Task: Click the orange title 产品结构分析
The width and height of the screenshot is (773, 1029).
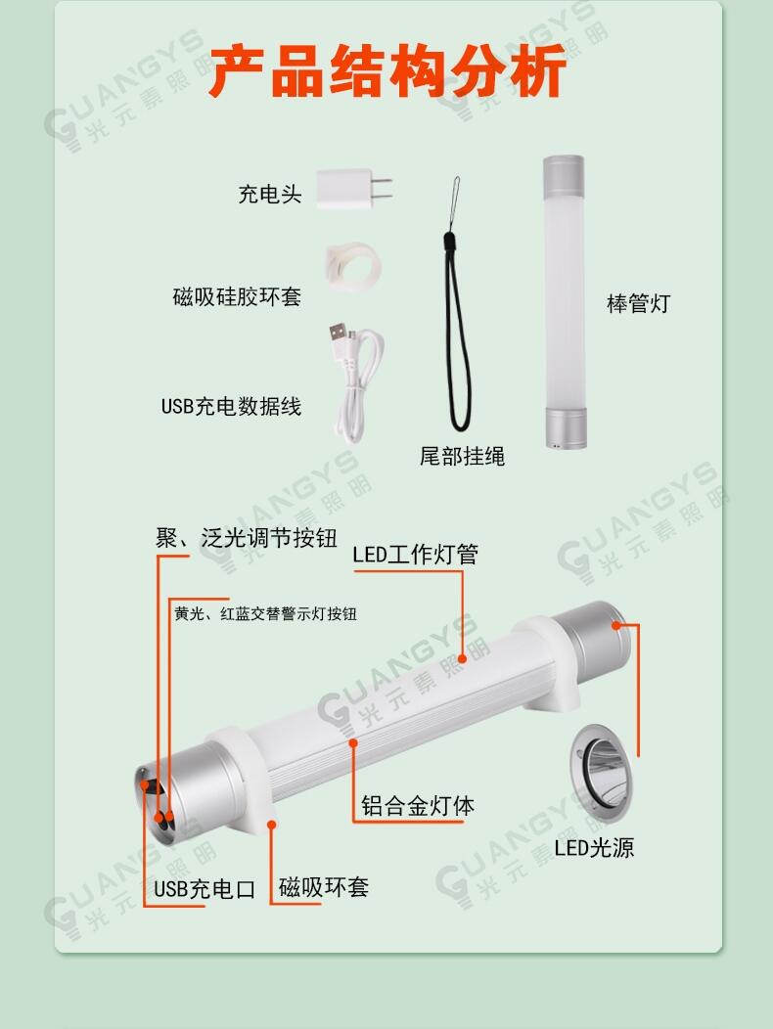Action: pos(387,70)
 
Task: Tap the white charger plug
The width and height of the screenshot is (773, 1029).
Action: pos(353,189)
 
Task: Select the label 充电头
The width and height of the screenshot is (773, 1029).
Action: pos(269,195)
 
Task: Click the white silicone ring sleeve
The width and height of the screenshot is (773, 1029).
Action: pos(354,266)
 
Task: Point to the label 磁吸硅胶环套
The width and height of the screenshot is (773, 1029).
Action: pos(237,296)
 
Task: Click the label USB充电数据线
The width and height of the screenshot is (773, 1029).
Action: pos(231,406)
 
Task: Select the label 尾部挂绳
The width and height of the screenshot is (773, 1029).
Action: pos(463,456)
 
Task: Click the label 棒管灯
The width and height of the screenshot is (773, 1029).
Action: pos(638,303)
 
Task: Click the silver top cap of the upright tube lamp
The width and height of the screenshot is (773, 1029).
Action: pos(564,172)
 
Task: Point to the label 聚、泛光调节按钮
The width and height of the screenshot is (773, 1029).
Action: pos(247,538)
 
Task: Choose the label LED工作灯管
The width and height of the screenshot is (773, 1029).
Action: pos(415,555)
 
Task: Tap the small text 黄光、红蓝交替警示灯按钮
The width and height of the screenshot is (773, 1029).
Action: pos(265,613)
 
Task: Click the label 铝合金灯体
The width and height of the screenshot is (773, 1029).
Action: pos(418,806)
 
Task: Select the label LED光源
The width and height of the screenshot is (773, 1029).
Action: pos(594,848)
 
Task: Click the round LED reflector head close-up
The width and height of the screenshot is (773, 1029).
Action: pos(602,773)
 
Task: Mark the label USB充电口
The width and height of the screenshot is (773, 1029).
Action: pos(205,889)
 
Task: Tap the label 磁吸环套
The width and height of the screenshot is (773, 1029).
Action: pos(324,887)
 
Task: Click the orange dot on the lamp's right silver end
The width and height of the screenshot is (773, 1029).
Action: pos(616,625)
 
